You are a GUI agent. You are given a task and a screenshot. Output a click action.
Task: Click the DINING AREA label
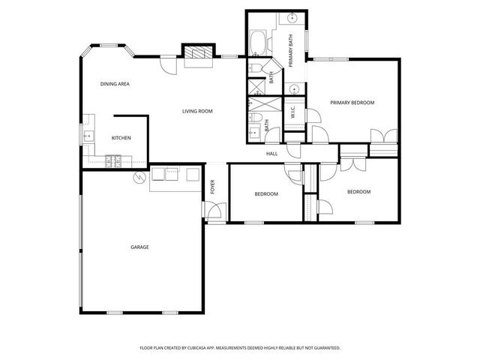coord(115,84)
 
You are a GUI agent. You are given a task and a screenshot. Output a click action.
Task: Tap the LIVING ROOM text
coord(197,111)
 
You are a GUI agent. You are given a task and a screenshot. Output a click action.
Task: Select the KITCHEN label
coord(121,138)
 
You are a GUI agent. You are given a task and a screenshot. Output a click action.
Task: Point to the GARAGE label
coord(139,247)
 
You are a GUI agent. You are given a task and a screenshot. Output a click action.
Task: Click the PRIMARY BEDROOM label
coord(352,103)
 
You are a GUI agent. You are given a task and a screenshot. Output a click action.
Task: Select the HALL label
coord(271,154)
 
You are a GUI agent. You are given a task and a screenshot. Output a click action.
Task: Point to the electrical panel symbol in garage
coord(138,178)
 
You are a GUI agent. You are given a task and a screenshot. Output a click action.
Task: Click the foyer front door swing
coord(214,211)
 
